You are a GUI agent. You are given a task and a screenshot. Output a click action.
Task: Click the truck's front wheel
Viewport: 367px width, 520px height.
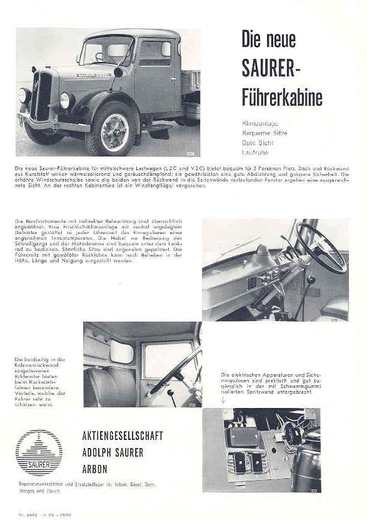tap(111, 130)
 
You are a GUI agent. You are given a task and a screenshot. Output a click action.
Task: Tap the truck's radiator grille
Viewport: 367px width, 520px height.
tap(43, 97)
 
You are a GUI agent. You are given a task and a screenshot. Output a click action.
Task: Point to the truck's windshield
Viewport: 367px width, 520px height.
tap(106, 51)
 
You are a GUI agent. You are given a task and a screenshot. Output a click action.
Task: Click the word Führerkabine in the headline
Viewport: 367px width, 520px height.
tap(281, 98)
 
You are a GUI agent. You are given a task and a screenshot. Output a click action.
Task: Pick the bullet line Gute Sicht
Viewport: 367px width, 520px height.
tap(256, 142)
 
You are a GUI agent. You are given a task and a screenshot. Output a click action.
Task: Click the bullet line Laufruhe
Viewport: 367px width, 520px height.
tap(254, 151)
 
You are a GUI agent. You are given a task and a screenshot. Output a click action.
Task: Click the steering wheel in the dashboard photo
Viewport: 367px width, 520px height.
tap(320, 247)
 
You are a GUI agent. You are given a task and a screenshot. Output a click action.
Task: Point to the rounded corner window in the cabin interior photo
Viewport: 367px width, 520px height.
tap(121, 353)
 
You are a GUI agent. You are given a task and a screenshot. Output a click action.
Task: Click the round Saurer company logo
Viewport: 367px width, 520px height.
tap(39, 452)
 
